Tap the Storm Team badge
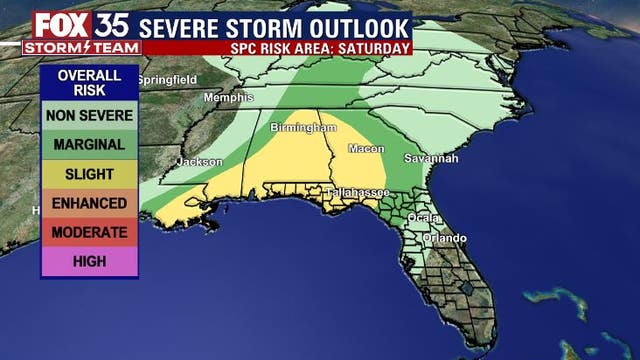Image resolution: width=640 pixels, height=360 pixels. pos(67,46)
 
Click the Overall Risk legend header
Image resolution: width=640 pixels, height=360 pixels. pos(89,83)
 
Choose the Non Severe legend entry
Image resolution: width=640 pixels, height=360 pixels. pos(89,115)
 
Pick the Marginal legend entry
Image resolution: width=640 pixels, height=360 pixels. pos(89,144)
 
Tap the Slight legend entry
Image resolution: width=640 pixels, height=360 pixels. pos(89,174)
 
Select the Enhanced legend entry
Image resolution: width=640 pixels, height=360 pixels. pos(89,203)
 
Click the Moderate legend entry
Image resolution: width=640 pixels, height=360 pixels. pos(89,232)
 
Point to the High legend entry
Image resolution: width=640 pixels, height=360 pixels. pos(89,262)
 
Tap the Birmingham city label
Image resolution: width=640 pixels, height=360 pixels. pos(303,128)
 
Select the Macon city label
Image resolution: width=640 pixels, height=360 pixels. pos(365,149)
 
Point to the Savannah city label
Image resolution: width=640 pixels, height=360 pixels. pos(431,158)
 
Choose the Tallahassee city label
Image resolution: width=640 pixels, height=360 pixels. pos(357,192)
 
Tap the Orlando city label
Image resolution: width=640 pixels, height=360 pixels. pos(444,238)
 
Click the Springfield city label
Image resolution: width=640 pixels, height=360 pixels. pos(167,80)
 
